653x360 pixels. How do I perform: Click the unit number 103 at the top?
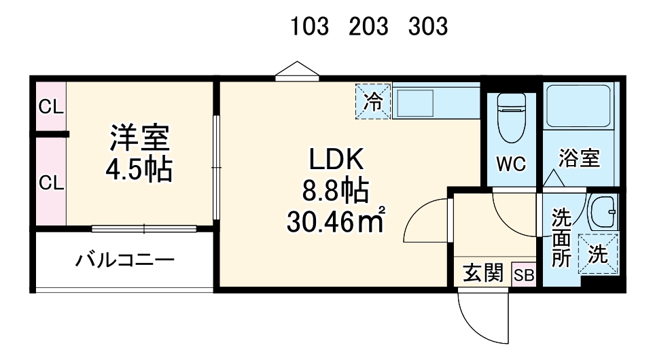(x=310, y=26)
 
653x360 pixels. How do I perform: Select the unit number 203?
(x=369, y=26)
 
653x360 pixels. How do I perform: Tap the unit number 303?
(x=428, y=26)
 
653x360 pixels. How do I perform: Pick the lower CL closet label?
(x=50, y=182)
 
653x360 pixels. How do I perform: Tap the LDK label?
(x=338, y=162)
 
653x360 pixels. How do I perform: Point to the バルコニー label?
(x=124, y=259)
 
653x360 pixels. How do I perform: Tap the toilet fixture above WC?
(x=511, y=115)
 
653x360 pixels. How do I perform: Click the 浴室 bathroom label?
(x=579, y=158)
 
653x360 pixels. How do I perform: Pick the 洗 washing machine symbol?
(x=598, y=254)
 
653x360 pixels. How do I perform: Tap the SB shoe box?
(x=524, y=274)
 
